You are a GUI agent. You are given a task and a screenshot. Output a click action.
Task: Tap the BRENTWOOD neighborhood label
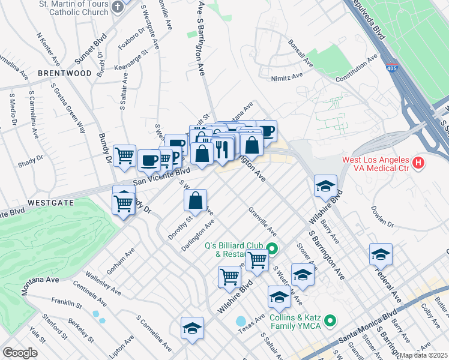[x=65, y=73]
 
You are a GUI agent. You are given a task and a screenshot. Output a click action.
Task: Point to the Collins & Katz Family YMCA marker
[x=330, y=322]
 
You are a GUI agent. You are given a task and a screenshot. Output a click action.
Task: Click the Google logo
[x=20, y=352]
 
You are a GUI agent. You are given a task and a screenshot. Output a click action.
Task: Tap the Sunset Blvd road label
[x=90, y=52]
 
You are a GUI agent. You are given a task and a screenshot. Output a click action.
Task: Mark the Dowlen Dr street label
[x=381, y=216]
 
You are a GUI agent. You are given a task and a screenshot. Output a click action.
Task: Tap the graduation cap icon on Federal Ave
[x=381, y=255]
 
